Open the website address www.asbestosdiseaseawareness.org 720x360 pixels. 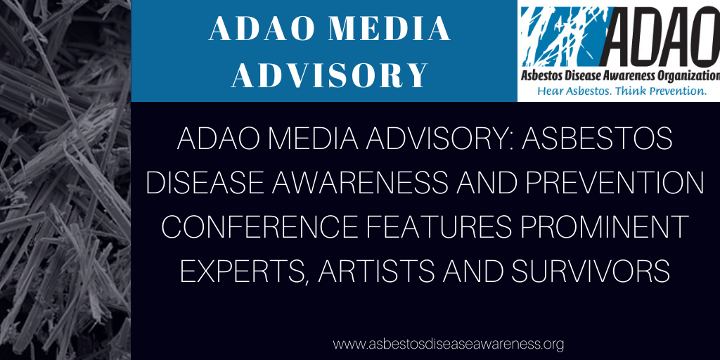[x=448, y=343]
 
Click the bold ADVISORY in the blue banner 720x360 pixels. [x=330, y=75]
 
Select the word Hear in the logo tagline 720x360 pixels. [x=548, y=91]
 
